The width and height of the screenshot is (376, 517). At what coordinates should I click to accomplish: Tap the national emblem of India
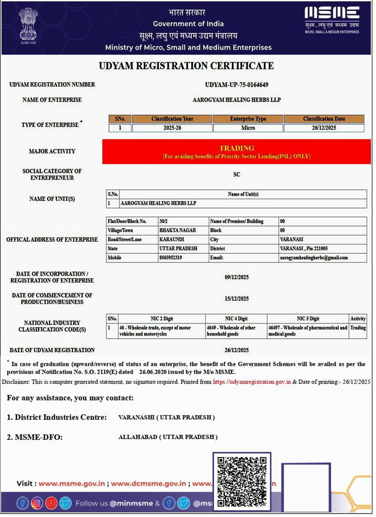(x=28, y=24)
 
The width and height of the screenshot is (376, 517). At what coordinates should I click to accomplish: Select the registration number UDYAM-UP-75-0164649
(x=237, y=85)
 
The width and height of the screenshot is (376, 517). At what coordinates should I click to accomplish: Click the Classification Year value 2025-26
(x=172, y=128)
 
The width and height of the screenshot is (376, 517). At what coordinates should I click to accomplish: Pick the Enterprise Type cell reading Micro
(x=248, y=128)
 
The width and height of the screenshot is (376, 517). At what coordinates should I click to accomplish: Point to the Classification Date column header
(x=324, y=119)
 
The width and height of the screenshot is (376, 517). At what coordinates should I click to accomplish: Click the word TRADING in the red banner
(x=237, y=148)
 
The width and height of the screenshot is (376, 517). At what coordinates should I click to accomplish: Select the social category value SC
(x=237, y=174)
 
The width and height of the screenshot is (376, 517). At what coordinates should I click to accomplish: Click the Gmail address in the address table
(x=314, y=258)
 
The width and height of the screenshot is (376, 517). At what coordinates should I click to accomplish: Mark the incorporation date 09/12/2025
(x=237, y=277)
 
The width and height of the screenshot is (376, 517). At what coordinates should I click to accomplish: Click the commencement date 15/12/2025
(x=237, y=299)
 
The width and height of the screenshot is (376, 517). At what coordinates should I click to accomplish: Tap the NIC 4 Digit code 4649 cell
(x=236, y=331)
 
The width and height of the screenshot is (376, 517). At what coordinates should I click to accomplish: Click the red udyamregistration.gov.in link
(x=252, y=382)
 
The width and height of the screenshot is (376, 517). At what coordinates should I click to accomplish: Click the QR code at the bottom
(x=242, y=481)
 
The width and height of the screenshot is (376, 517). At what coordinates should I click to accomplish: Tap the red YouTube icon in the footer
(x=51, y=503)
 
